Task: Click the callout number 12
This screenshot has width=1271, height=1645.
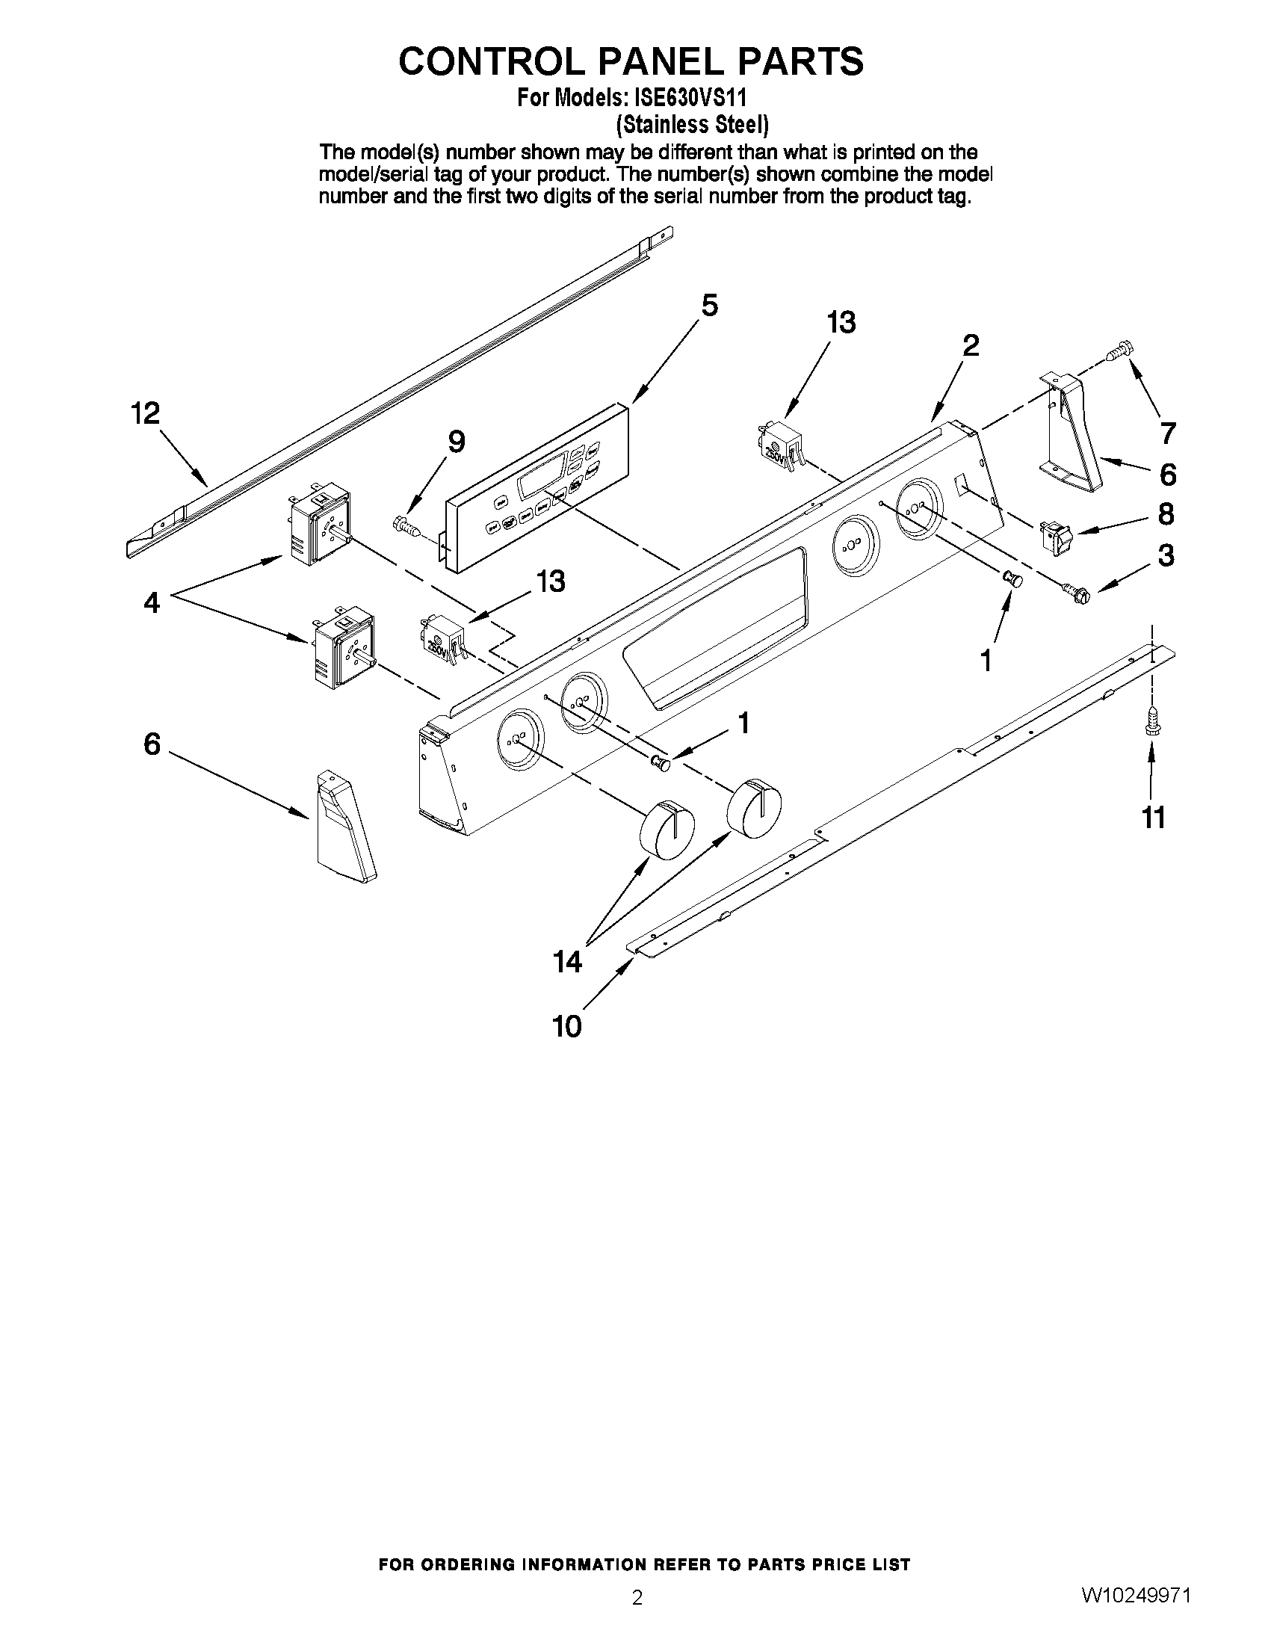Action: point(145,413)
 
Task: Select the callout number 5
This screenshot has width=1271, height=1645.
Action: point(709,305)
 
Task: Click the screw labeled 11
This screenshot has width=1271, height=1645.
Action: point(1151,719)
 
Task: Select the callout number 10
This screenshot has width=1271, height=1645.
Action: point(567,1026)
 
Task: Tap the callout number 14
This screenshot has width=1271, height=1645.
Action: point(567,961)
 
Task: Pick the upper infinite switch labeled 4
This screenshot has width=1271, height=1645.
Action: point(319,525)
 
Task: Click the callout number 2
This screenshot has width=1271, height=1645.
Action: point(971,346)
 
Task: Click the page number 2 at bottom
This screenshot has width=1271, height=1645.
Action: point(637,1618)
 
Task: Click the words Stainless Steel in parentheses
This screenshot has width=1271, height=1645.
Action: point(692,124)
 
